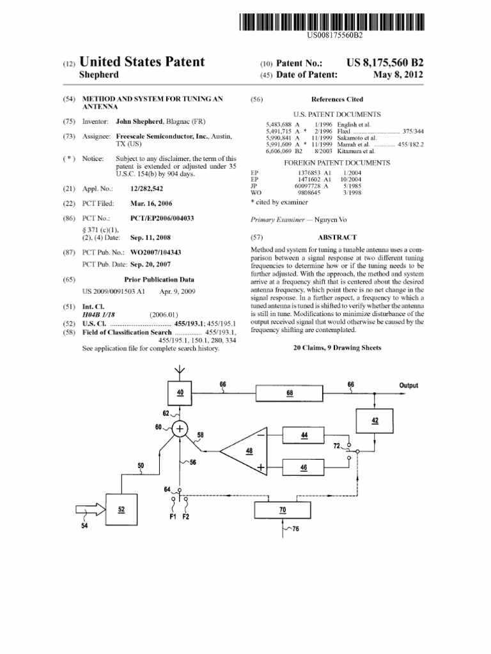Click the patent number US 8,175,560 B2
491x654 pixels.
pyautogui.click(x=385, y=62)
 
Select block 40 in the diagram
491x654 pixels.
pyautogui.click(x=180, y=392)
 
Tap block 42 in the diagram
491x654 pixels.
pyautogui.click(x=374, y=420)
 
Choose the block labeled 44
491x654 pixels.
pyautogui.click(x=304, y=436)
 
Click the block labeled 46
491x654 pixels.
pyautogui.click(x=304, y=468)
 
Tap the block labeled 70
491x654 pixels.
pyautogui.click(x=283, y=510)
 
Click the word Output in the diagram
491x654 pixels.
pyautogui.click(x=409, y=385)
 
